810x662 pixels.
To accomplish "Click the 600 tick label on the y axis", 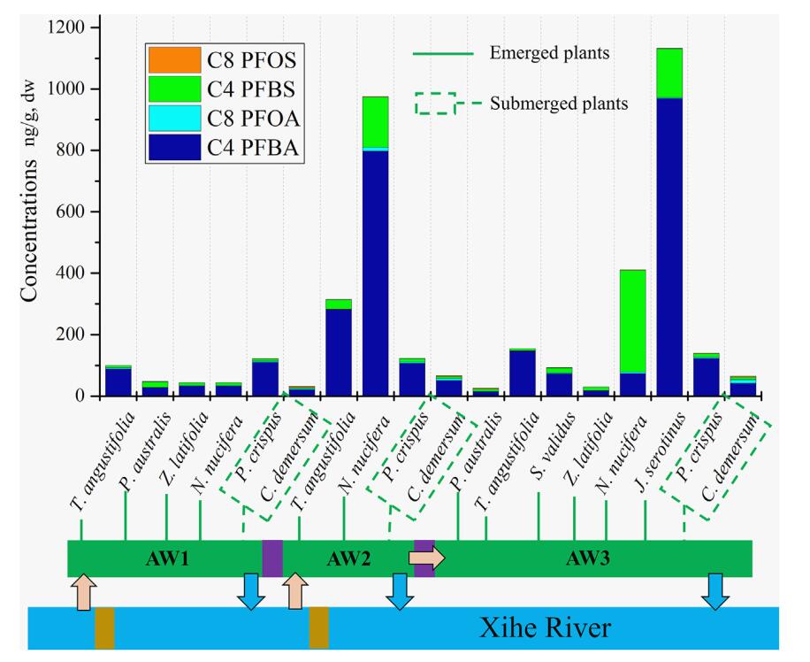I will tap(73, 212).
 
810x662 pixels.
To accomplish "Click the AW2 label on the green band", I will tap(346, 559).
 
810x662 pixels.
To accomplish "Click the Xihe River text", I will tap(545, 629).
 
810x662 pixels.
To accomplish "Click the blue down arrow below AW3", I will tap(715, 591).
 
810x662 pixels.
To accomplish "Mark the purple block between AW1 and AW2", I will tap(272, 558).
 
